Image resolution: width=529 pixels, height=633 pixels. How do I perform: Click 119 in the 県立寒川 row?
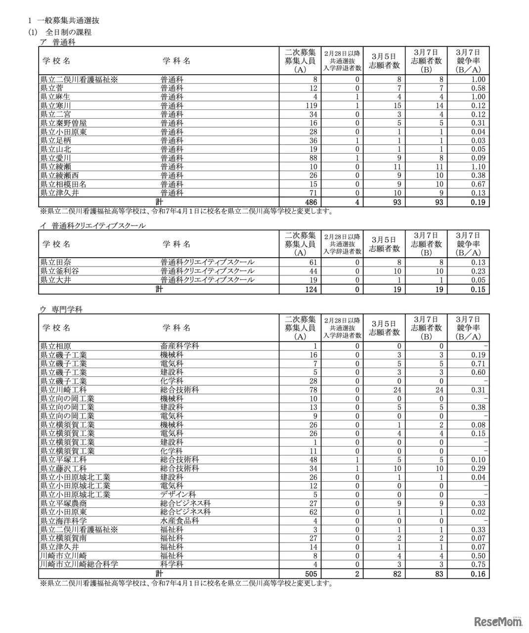310,106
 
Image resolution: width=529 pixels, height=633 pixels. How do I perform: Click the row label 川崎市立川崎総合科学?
79,564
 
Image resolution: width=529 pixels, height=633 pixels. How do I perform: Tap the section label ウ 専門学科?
61,310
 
